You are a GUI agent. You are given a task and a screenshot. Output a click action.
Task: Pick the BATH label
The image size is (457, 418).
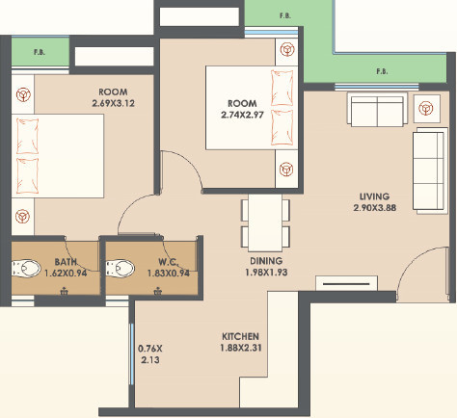66,261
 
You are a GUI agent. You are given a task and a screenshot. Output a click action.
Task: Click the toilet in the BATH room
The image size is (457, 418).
26,267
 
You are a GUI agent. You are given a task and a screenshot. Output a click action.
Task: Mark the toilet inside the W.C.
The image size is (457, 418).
120,267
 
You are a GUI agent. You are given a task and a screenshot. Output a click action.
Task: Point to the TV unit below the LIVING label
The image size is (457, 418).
346,285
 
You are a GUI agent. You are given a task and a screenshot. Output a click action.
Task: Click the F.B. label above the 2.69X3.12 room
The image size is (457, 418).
40,52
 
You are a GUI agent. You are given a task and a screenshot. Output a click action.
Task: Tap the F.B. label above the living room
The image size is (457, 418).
381,71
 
